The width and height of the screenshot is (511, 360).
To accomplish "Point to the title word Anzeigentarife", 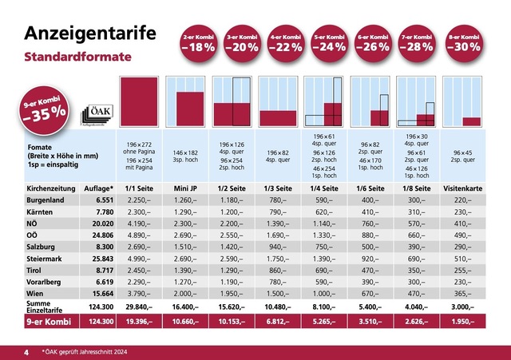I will [89, 33].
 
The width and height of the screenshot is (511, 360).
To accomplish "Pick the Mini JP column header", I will [185, 188].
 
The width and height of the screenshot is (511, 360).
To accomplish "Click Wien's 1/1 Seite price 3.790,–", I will [139, 295].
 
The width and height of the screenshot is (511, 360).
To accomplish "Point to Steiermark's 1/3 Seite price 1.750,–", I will [279, 255].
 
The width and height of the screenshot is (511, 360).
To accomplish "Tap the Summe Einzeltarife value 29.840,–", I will [139, 307].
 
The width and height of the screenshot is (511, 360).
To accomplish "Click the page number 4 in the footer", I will [26, 351].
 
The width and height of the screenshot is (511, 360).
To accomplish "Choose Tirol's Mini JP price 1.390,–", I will [185, 268].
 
